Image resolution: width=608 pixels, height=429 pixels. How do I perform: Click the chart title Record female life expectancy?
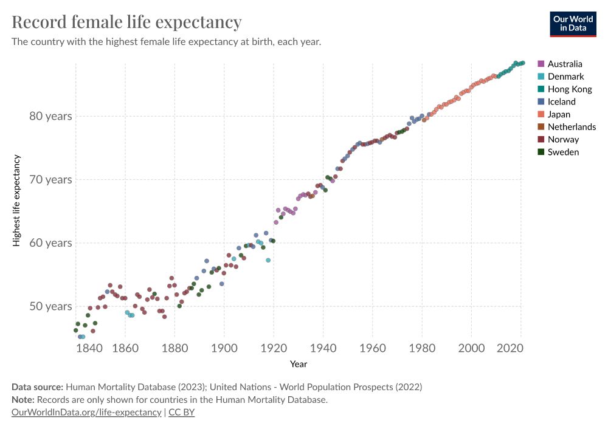(126, 22)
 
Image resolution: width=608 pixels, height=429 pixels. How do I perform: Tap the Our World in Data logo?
(573, 23)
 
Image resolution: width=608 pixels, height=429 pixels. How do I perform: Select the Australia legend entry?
(564, 64)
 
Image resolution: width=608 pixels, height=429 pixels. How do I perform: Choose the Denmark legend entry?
(565, 77)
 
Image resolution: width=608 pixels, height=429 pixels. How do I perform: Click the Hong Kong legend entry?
(569, 89)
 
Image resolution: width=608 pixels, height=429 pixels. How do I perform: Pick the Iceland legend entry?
(561, 102)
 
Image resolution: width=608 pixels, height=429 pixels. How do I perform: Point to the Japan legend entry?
(559, 114)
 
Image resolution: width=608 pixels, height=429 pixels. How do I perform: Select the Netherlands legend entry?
(572, 127)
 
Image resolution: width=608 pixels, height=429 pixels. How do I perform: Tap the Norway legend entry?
(563, 140)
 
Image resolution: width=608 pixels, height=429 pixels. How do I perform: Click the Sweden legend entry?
(563, 152)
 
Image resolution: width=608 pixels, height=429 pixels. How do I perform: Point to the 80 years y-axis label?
(50, 116)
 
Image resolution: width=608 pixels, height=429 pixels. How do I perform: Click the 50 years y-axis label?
(50, 306)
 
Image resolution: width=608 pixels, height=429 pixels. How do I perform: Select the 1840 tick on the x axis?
(88, 348)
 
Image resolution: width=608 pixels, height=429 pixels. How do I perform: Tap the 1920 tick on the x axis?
(274, 348)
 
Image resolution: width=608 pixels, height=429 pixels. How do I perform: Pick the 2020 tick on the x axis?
(510, 348)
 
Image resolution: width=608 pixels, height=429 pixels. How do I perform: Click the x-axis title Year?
(299, 364)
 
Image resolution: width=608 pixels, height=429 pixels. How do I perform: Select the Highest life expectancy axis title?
(17, 201)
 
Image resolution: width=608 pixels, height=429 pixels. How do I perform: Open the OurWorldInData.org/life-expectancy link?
(86, 413)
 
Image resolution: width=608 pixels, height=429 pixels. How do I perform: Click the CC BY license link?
(181, 413)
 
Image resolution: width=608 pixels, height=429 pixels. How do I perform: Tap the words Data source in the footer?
(37, 386)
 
